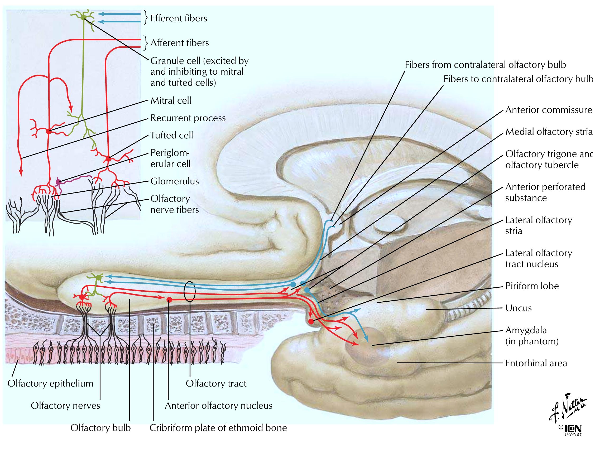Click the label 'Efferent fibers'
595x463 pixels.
pos(179,18)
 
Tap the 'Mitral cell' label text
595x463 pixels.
pos(171,100)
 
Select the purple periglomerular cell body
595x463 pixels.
pos(58,181)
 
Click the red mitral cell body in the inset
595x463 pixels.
pos(49,132)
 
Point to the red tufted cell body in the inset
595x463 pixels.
pos(108,158)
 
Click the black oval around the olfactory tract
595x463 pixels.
pos(190,291)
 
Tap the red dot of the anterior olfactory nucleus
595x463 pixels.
pos(169,300)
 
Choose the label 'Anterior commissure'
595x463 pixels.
pos(548,110)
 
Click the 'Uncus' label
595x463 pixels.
pos(519,308)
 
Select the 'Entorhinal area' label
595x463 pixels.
pos(536,363)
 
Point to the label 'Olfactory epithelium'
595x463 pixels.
pos(50,383)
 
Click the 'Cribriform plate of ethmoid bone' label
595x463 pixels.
pos(218,428)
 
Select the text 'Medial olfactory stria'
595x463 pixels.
pos(548,132)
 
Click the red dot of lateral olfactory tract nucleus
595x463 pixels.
pos(311,321)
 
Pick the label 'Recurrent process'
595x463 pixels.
pos(188,118)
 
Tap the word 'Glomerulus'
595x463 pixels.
pos(175,181)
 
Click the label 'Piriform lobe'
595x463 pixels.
pos(532,286)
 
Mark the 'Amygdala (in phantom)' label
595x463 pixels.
pos(531,336)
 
